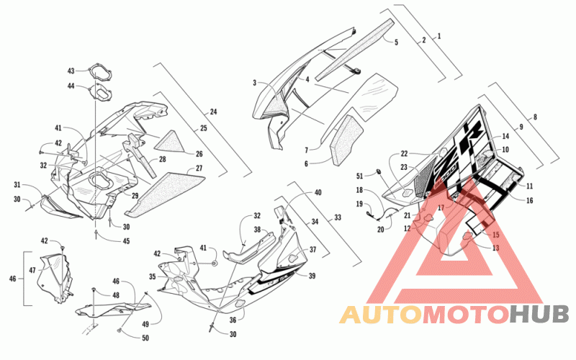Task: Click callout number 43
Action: [x=71, y=71]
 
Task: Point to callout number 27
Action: [x=199, y=168]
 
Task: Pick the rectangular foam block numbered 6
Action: [x=347, y=140]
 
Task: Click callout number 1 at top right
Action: [x=438, y=36]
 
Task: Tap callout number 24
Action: [x=213, y=112]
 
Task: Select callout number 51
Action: [x=359, y=176]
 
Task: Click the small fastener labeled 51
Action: [x=378, y=171]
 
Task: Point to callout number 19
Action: [x=359, y=204]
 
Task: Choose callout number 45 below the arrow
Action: [x=126, y=241]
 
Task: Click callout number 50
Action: [x=145, y=338]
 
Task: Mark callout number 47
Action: [x=32, y=271]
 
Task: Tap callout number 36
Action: [x=233, y=320]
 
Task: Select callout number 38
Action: [x=257, y=230]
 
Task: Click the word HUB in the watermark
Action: [x=539, y=314]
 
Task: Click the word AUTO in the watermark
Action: [x=381, y=314]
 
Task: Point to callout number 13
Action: [x=495, y=248]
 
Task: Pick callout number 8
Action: [x=535, y=117]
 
